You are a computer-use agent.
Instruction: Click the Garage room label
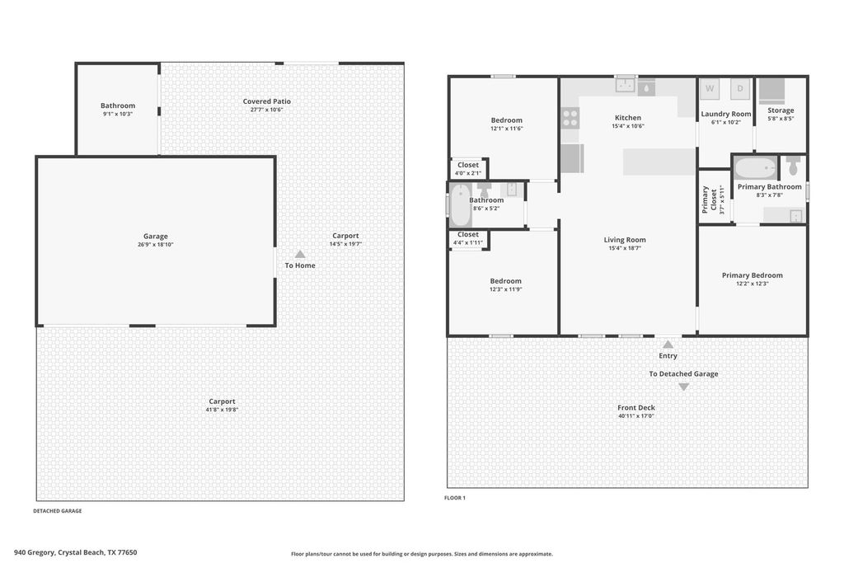156,237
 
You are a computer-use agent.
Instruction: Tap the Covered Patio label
266,101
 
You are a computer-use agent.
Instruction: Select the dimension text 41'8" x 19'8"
222,410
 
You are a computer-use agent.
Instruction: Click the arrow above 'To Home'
300,254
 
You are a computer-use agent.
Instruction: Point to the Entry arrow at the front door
668,344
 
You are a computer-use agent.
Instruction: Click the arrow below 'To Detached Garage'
683,387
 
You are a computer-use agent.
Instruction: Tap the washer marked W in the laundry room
710,89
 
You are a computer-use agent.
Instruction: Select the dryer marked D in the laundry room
740,89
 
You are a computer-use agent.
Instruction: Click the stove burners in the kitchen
570,118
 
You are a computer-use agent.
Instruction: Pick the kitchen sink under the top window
626,85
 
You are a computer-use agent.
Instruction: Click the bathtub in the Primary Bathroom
755,168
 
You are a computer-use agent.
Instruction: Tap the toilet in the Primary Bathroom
793,166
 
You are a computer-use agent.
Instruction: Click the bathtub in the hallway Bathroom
460,204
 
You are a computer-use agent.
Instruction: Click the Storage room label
781,110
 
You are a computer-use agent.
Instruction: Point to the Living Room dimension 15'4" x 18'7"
625,248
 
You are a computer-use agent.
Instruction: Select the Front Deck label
636,407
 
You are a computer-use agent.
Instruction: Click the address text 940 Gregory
34,552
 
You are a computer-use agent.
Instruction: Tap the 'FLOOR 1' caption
455,498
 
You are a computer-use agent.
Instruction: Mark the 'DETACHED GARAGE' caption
58,511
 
